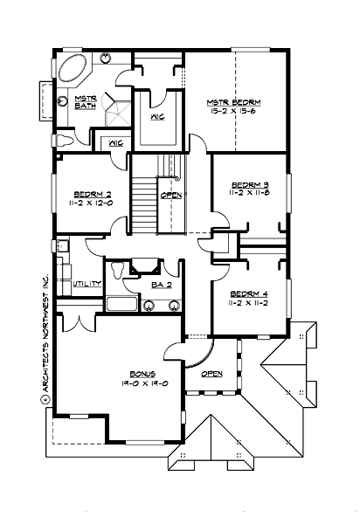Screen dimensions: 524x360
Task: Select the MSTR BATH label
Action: [86, 102]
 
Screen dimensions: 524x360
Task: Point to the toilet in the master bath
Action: [63, 140]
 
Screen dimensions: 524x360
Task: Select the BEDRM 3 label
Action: [249, 184]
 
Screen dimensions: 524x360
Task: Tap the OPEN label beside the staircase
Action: [171, 195]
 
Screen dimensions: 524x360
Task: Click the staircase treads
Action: [142, 201]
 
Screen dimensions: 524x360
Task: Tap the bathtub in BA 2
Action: [121, 304]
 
